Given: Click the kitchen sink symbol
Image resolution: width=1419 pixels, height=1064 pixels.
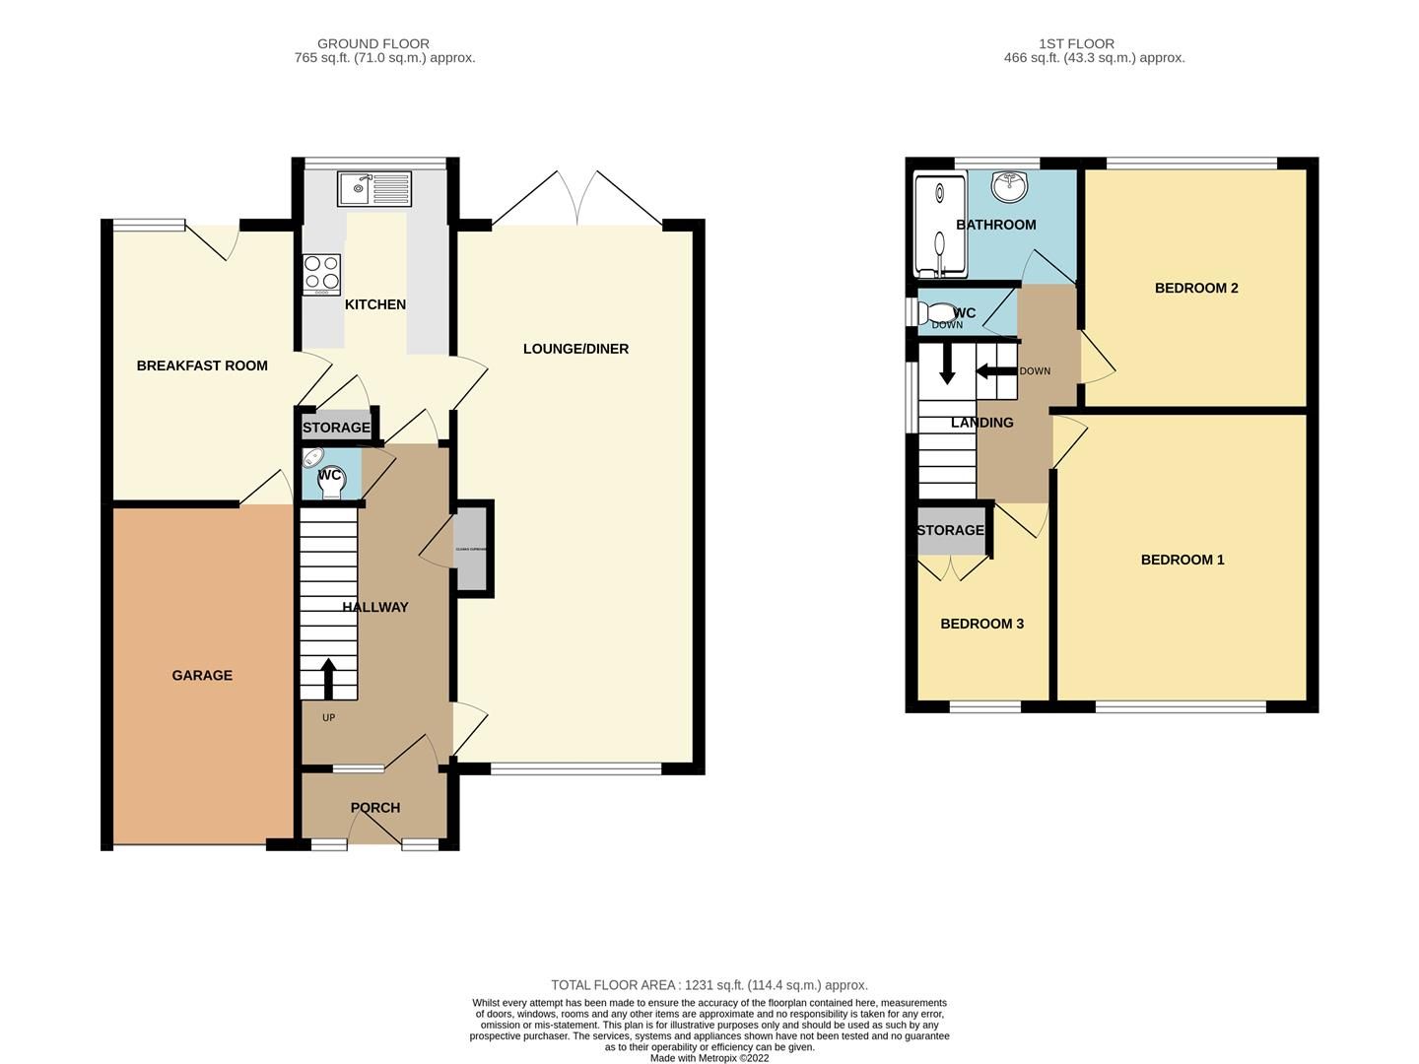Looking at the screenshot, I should [x=373, y=188].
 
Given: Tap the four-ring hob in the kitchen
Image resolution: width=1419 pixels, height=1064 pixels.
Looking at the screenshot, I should [x=321, y=274].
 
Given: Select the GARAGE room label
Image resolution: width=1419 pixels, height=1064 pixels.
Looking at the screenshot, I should [x=202, y=675].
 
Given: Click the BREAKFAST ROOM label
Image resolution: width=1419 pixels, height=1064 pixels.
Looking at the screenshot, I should [x=202, y=366].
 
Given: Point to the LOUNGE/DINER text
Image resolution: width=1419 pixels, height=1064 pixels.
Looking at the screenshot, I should [x=575, y=349].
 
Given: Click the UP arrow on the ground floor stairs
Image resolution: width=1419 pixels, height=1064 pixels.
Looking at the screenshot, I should [x=328, y=679].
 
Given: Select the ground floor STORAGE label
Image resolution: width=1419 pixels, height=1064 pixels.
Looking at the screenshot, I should [x=336, y=428].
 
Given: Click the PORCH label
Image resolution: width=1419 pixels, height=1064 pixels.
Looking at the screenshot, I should [x=375, y=808].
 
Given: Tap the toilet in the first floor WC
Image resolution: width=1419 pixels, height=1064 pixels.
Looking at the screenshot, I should [x=936, y=313].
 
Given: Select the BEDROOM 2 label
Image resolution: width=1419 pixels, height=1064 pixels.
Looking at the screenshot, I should [x=1196, y=289].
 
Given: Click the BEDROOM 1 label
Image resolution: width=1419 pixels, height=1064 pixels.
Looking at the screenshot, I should [x=1182, y=560].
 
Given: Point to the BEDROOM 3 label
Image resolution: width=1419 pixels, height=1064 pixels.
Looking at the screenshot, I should [x=981, y=624].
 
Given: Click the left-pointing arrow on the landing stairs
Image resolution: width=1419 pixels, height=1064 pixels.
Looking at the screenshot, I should [x=995, y=371].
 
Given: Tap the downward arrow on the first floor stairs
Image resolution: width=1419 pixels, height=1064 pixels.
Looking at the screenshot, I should [x=947, y=364].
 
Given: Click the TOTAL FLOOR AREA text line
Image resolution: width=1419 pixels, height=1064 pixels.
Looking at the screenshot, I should [x=709, y=985].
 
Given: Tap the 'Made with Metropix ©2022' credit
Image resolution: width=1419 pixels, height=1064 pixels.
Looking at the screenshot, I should [x=709, y=1058].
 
